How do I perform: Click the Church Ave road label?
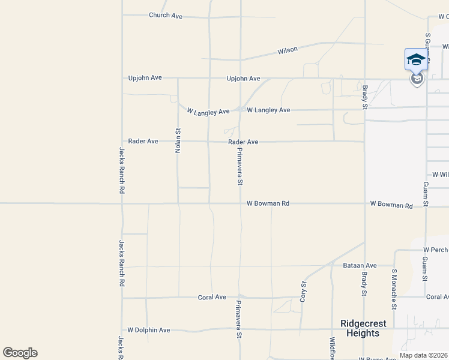(x=165, y=16)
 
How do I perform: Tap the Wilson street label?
(x=288, y=50)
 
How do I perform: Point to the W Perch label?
(x=435, y=249)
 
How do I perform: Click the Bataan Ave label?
(x=360, y=265)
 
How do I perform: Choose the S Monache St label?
(x=394, y=289)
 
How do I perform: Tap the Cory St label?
(x=304, y=291)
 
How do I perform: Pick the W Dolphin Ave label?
(x=149, y=330)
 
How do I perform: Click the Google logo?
(x=20, y=353)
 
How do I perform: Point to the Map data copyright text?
(x=423, y=355)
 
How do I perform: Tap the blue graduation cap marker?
(x=416, y=59)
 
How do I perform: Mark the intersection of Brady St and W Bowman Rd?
(x=365, y=203)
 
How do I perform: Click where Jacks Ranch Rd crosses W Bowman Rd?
(x=122, y=203)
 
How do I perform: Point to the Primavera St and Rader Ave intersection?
(x=240, y=142)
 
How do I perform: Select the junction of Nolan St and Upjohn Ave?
(x=178, y=78)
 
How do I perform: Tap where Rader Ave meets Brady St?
(x=365, y=142)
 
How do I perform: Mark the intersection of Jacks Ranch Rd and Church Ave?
(x=122, y=16)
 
